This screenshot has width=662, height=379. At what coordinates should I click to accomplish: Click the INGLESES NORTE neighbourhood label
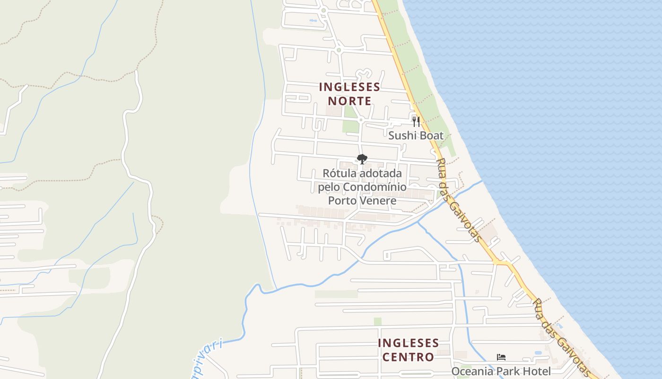pos(350,94)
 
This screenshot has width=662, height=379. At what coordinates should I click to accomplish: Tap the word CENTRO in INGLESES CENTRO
pos(408,357)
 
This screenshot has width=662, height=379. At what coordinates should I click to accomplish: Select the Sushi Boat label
pos(416,136)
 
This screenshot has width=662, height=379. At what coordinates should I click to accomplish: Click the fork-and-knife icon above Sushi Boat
pos(416,122)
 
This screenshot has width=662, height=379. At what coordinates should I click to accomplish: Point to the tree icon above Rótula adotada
pos(362,159)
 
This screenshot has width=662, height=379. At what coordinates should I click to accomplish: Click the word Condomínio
pos(375,187)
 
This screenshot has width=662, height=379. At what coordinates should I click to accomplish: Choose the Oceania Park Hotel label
pos(501,371)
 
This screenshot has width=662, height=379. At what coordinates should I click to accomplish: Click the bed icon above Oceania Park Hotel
pos(501,357)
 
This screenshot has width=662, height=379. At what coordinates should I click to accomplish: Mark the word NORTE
pos(350,101)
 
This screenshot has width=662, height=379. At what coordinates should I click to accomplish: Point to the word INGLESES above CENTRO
pos(409,343)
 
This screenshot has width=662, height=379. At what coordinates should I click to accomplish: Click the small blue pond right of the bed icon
pos(538,353)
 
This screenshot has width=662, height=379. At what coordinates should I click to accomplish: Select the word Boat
pos(430,136)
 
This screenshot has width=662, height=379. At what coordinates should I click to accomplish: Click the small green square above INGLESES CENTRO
pos(377,322)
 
